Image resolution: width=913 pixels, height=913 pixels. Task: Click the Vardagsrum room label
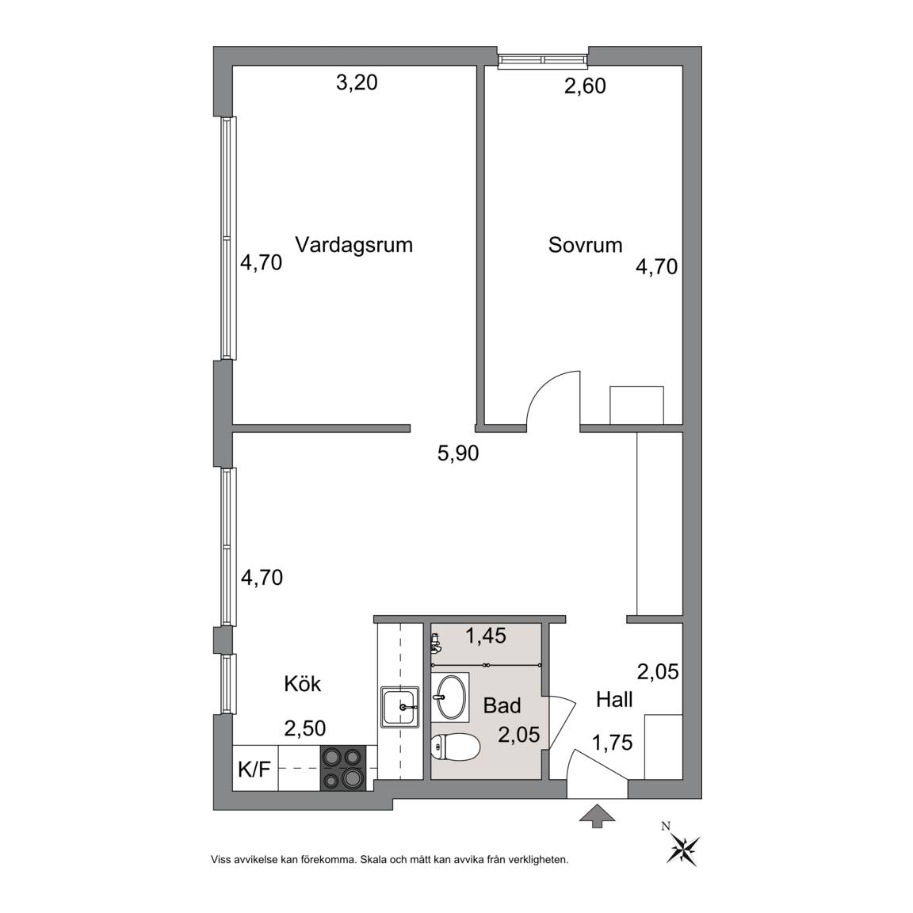tap(354, 245)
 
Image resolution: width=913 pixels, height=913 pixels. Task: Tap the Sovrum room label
tap(585, 245)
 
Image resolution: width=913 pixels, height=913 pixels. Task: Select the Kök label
tap(302, 683)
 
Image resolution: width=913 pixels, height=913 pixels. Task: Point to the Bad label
tap(502, 705)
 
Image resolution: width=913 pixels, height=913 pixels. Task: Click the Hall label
tap(614, 699)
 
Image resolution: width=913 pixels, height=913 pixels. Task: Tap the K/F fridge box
tap(255, 769)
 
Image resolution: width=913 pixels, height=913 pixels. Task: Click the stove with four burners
tap(343, 769)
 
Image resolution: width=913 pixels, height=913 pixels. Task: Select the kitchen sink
tap(400, 706)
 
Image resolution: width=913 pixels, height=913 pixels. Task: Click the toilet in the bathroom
tap(456, 747)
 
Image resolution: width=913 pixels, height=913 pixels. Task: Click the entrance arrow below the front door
tap(598, 816)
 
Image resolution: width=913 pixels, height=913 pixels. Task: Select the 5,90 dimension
tap(458, 453)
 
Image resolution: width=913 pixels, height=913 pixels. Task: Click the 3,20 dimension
tap(357, 82)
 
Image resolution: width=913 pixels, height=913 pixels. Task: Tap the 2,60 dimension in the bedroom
tap(585, 86)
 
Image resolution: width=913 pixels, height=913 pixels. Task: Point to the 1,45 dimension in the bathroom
tap(486, 636)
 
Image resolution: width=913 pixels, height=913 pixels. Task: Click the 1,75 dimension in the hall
tap(612, 743)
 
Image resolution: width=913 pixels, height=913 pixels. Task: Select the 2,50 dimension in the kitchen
tap(304, 728)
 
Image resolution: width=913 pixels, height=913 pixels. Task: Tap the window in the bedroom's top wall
tap(543, 60)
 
